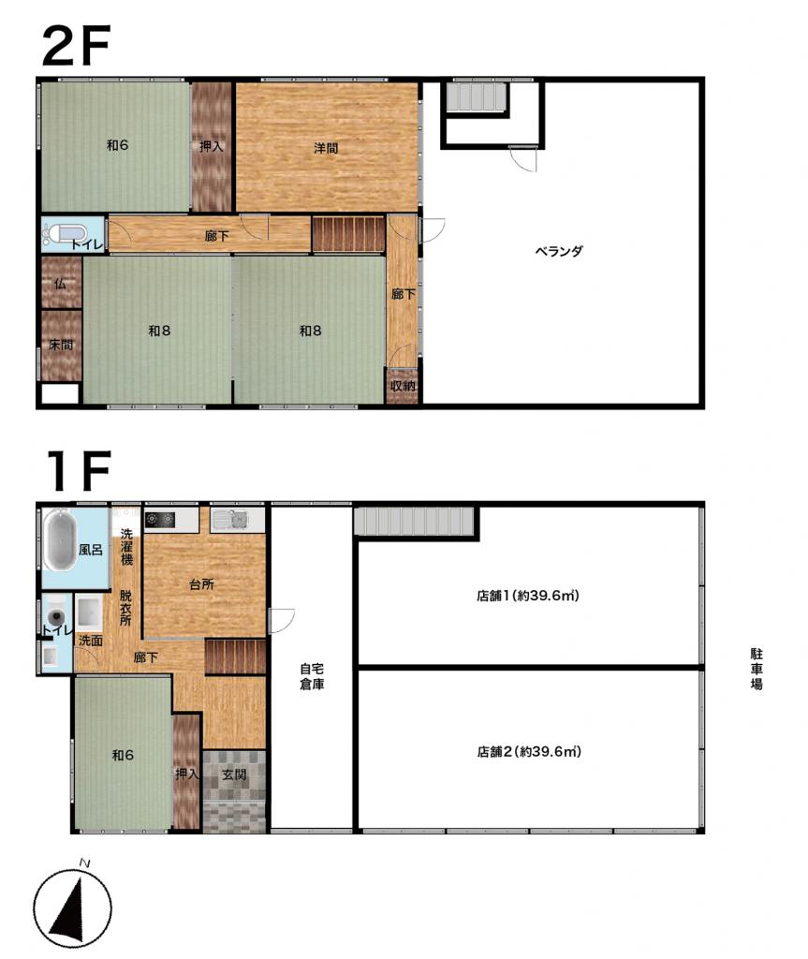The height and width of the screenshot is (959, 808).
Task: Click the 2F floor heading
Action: [x=76, y=45]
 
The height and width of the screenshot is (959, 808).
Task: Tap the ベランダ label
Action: [x=559, y=251]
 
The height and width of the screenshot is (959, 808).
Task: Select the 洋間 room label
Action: [x=326, y=148]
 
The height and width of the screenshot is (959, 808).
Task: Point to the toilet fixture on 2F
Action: [x=65, y=235]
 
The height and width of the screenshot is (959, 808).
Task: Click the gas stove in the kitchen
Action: [x=160, y=520]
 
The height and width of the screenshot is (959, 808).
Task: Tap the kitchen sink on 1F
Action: [x=230, y=521]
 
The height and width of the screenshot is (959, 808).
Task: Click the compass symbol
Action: [x=72, y=907]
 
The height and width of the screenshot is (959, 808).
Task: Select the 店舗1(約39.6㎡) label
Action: [x=527, y=595]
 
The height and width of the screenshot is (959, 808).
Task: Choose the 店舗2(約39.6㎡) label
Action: [x=528, y=751]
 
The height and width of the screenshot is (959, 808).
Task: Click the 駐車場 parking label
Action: [x=757, y=669]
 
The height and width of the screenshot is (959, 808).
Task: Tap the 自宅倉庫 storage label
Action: [x=312, y=676]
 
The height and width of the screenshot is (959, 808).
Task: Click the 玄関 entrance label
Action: [x=234, y=775]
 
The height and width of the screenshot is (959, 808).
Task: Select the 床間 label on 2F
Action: [x=61, y=345]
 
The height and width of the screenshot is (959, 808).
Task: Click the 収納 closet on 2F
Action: [x=403, y=386]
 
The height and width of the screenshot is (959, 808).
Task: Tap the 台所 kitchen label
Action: [x=202, y=584]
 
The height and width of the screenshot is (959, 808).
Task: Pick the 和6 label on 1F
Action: [x=123, y=756]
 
